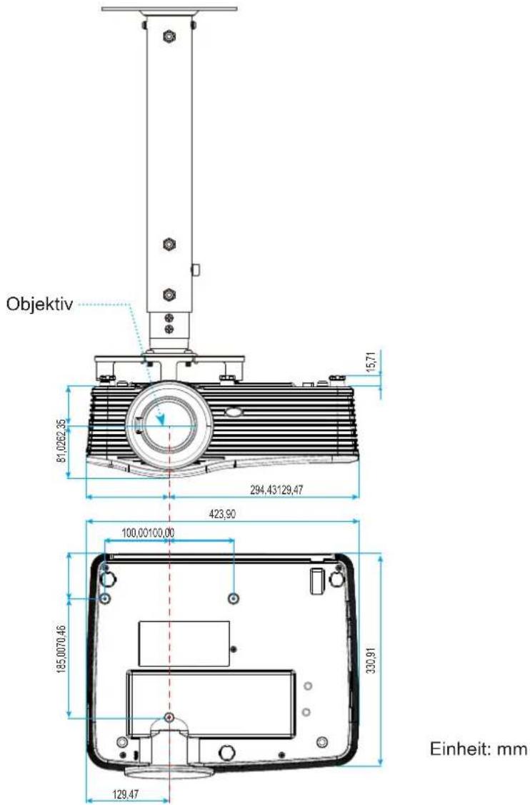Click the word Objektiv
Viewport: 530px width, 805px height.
tap(39, 304)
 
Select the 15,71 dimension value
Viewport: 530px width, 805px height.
tap(375, 362)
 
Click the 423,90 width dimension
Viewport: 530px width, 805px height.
tap(223, 514)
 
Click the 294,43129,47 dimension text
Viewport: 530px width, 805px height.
tap(276, 490)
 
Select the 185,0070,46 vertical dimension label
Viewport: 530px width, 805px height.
tap(62, 649)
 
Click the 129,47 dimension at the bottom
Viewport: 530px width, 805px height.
tap(125, 794)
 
